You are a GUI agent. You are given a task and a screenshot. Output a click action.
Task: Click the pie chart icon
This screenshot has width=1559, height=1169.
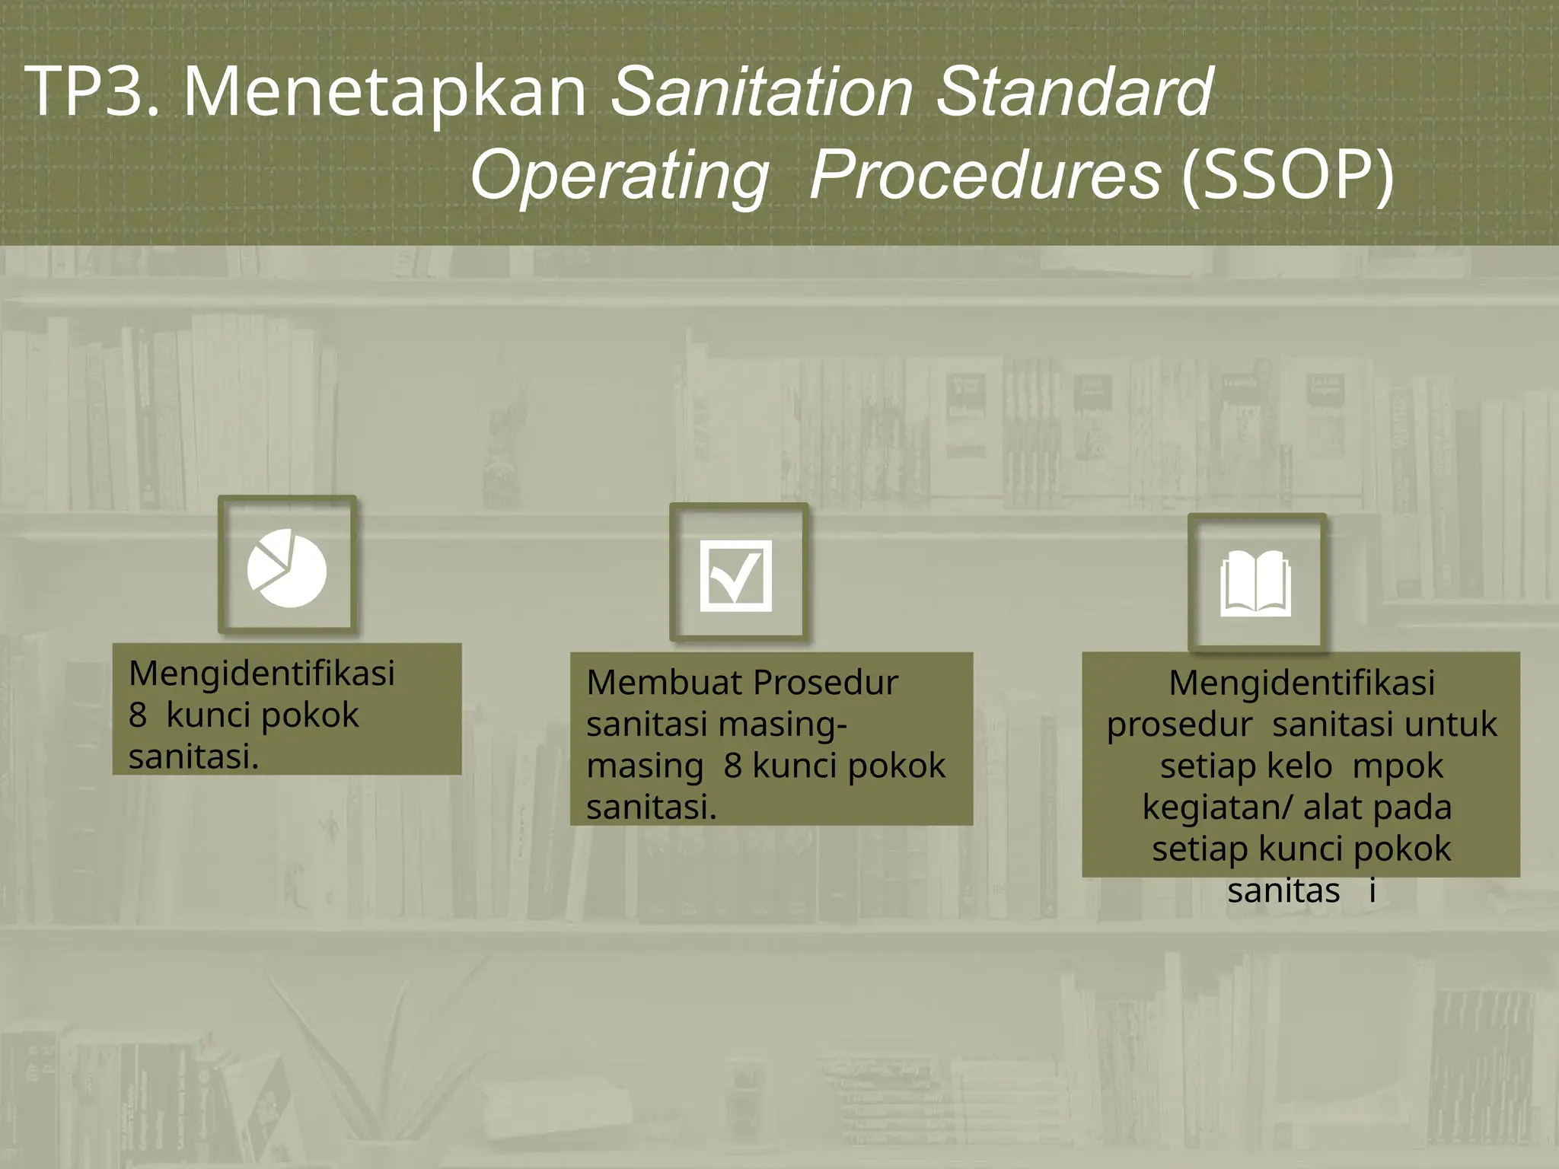[287, 568]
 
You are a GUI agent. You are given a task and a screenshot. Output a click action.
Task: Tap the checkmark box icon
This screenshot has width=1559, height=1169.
[735, 575]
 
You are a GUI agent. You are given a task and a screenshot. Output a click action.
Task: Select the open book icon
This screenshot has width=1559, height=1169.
[1255, 583]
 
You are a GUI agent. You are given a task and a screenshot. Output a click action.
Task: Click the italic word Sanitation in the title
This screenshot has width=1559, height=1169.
[761, 92]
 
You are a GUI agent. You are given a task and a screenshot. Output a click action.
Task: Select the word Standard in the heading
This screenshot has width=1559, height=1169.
[1074, 92]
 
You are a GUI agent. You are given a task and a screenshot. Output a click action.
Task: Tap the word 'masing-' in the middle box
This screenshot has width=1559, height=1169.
[792, 725]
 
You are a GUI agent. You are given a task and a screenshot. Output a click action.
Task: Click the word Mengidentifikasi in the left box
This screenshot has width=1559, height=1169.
[262, 674]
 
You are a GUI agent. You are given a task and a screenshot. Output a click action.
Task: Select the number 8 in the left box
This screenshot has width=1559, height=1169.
[138, 715]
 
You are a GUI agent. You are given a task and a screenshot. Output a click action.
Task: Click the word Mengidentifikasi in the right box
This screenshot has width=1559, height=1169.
[1302, 683]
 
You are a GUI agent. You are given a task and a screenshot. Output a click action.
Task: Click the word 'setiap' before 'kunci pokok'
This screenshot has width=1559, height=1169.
[1200, 849]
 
